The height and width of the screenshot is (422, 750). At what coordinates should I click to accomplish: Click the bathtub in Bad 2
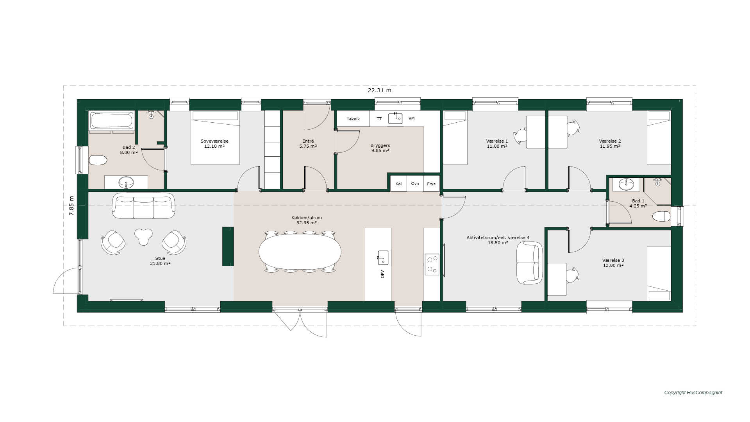[x=112, y=120]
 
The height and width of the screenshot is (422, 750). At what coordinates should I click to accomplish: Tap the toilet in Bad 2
[x=98, y=160]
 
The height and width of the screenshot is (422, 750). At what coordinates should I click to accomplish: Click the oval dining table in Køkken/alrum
[x=300, y=252]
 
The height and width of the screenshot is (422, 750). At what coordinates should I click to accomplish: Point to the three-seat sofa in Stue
[x=143, y=206]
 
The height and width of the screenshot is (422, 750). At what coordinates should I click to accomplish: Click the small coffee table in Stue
[x=143, y=236]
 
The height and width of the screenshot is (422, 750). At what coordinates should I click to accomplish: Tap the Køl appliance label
[x=398, y=184]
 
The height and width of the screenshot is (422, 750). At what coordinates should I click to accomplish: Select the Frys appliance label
[x=431, y=184]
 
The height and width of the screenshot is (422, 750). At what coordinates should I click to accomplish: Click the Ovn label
[x=415, y=184]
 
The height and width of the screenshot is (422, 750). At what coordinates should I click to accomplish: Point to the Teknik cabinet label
[x=353, y=119]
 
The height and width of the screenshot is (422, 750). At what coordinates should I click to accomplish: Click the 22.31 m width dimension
[x=379, y=90]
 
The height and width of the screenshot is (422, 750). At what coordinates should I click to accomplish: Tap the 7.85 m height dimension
[x=71, y=206]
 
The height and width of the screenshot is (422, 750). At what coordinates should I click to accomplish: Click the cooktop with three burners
[x=432, y=264]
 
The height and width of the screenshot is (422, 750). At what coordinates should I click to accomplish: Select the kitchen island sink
[x=383, y=258]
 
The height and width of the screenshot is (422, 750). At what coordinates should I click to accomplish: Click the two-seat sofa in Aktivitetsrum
[x=529, y=263]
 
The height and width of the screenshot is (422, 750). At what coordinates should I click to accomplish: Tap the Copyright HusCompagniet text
[x=693, y=393]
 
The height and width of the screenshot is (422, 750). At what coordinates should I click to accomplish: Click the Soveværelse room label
[x=214, y=141]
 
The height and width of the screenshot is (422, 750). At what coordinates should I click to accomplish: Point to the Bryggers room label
[x=380, y=145]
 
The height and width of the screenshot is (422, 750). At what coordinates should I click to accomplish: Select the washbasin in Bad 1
[x=626, y=184]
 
